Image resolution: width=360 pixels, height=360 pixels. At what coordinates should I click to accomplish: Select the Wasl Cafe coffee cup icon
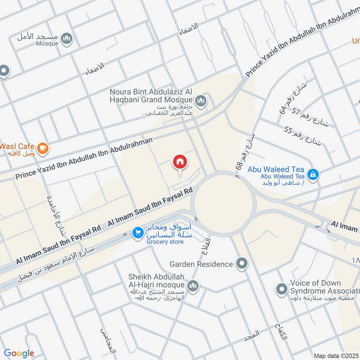coord(42,148)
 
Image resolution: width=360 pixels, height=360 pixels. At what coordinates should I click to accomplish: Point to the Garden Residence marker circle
coord(243,264)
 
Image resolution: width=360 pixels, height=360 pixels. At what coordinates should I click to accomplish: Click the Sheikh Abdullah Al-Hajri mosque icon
coord(193,286)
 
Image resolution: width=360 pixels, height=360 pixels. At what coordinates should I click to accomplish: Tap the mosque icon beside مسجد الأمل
coord(67,39)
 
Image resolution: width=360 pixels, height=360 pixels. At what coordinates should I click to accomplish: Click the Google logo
coord(19,353)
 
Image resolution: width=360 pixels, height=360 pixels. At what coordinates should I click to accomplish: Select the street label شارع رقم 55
coord(303,136)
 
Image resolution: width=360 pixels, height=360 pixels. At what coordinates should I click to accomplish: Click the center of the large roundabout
coord(224,202)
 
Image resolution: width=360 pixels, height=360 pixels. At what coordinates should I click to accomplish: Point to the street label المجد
coord(253,334)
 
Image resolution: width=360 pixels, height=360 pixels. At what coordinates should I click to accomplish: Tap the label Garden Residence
coord(201,264)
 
